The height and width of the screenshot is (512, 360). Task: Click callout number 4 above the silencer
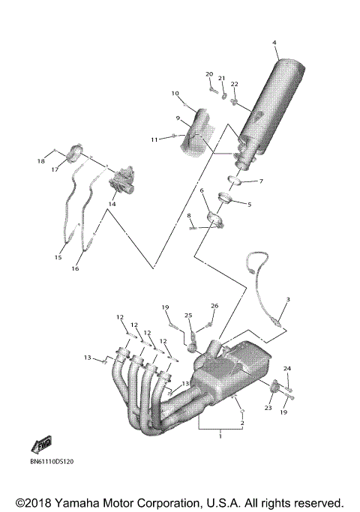274,42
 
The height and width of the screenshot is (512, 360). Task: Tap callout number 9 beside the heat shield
178,118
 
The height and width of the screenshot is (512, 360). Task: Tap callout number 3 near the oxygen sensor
286,300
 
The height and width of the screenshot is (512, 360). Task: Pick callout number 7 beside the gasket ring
261,181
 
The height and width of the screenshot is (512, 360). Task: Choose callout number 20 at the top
209,74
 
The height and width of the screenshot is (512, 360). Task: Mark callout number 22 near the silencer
235,84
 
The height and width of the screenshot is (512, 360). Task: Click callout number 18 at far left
41,161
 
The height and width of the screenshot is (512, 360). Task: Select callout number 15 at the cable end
58,257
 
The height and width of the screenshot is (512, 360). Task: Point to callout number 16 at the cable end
76,268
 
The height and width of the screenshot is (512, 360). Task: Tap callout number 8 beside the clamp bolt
190,216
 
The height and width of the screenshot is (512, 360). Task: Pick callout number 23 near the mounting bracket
268,409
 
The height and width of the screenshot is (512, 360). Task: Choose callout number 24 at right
286,369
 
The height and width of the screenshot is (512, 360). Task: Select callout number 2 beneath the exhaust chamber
241,424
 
